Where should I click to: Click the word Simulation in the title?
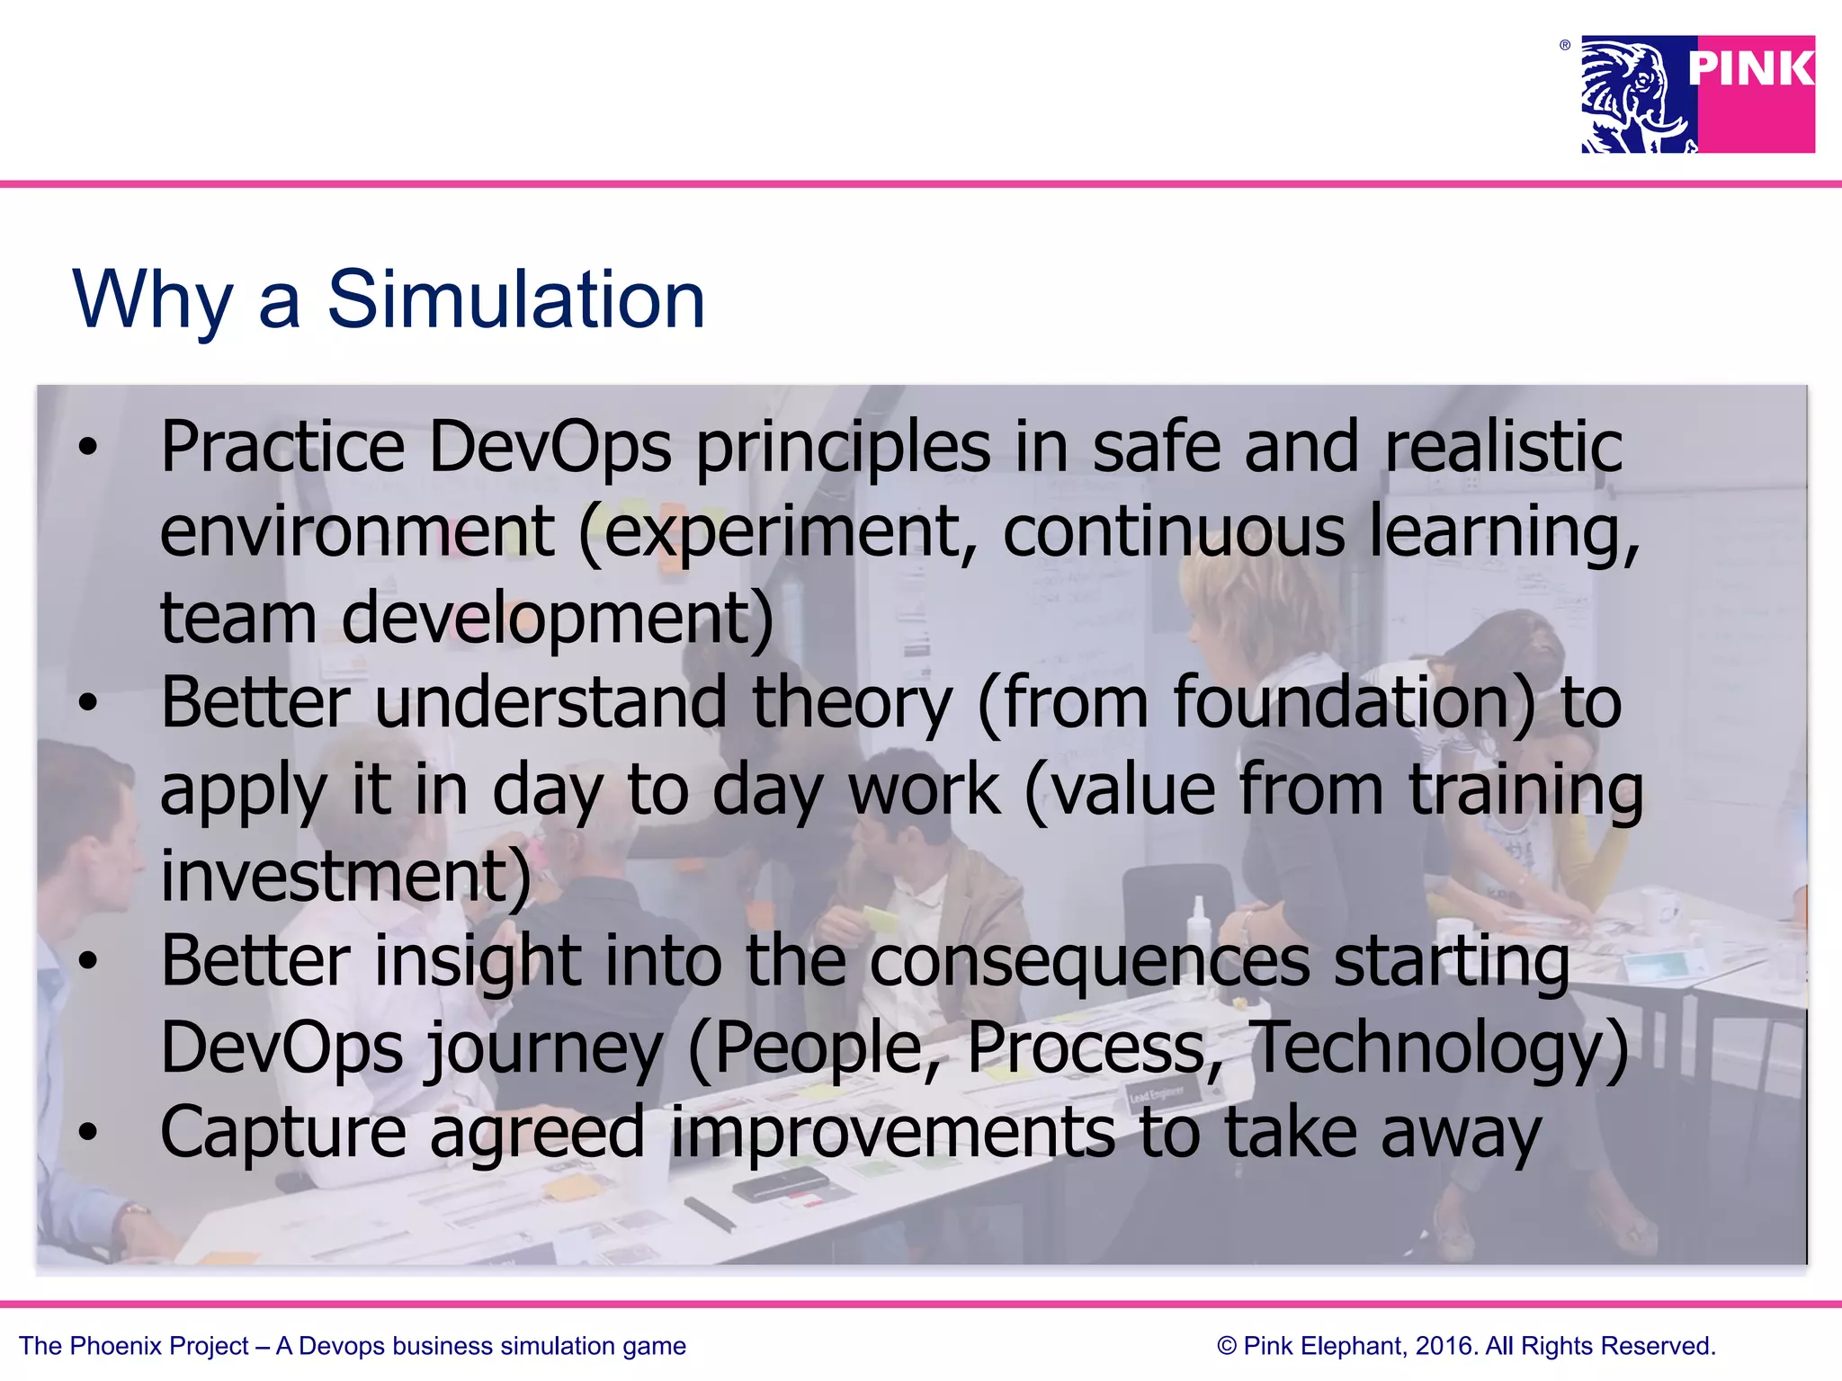coord(515,299)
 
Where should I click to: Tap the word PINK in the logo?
coord(1750,69)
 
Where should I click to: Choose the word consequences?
coord(1089,961)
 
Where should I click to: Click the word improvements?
coord(892,1133)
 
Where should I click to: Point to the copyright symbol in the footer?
coord(1226,1346)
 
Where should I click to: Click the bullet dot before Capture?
coord(86,1133)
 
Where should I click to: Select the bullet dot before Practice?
coord(86,447)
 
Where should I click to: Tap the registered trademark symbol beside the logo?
coord(1565,45)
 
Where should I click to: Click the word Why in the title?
coord(153,301)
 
